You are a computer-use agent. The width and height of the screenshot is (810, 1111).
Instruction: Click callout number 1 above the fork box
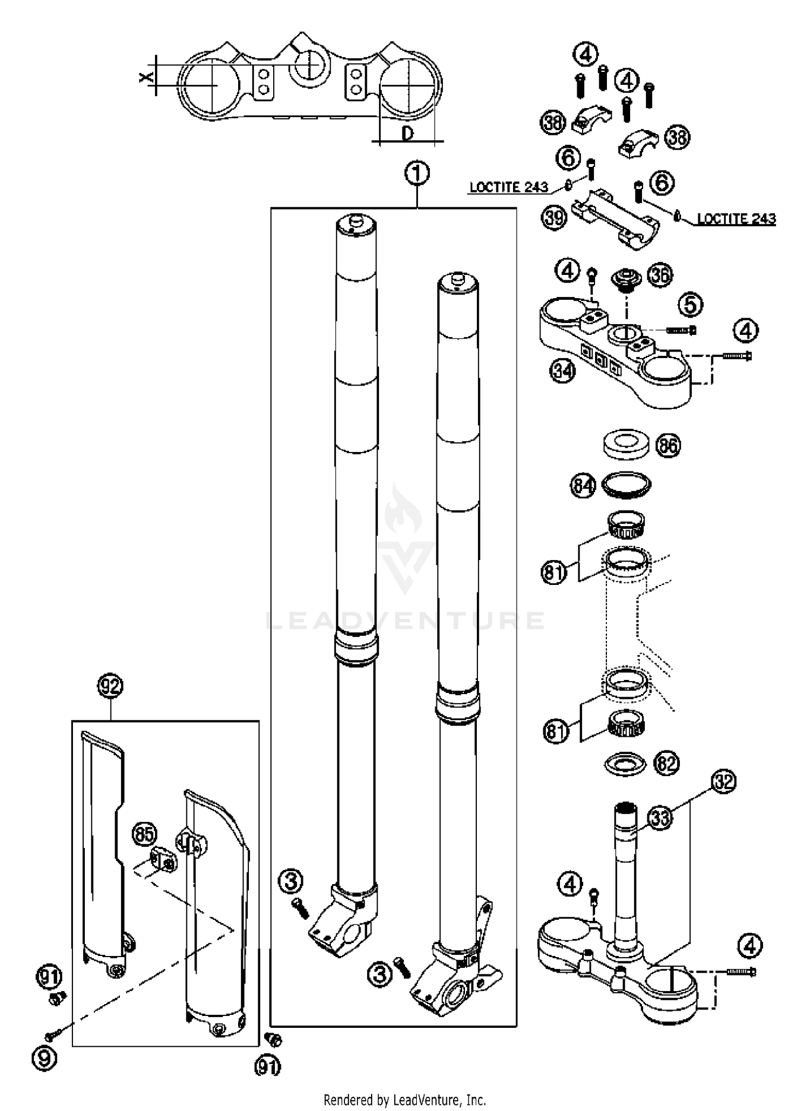click(x=417, y=174)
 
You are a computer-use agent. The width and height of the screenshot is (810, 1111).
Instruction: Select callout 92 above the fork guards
click(x=110, y=686)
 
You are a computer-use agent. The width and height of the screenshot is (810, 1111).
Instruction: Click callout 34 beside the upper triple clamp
click(x=563, y=371)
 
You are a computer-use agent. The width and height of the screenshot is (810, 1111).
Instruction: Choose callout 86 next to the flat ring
click(x=668, y=446)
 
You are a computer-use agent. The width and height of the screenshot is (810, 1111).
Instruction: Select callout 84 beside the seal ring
click(x=583, y=486)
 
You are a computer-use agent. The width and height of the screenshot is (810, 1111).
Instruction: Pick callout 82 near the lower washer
click(x=666, y=763)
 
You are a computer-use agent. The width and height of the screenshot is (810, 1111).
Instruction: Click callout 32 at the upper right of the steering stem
click(x=724, y=782)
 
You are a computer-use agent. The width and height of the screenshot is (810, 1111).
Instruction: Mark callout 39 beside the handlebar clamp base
click(x=553, y=218)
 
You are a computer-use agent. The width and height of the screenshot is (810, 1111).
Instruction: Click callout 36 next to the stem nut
click(x=660, y=275)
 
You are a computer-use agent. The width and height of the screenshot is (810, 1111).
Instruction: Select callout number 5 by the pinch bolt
click(x=691, y=305)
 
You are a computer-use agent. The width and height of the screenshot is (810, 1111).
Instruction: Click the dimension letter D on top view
click(x=408, y=133)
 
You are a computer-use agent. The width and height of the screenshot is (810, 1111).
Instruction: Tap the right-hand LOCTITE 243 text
click(x=736, y=219)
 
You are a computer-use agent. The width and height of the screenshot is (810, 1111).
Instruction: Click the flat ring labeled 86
click(x=625, y=444)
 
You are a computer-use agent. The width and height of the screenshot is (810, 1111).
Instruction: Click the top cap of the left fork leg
click(x=356, y=223)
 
